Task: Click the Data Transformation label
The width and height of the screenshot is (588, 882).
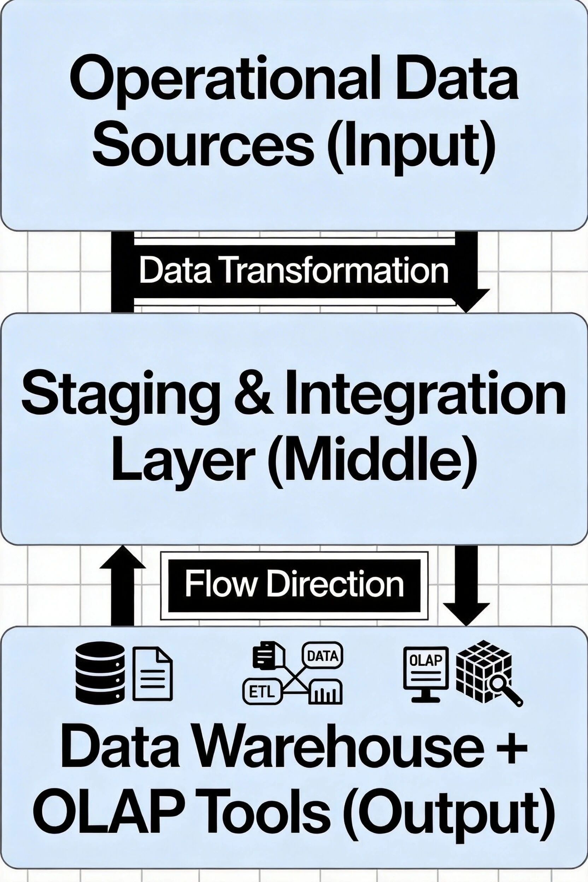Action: [x=294, y=271]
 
